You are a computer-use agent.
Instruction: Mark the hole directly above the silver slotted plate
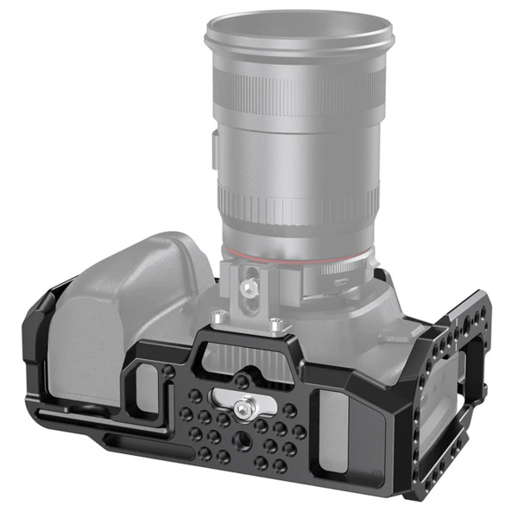click(245, 381)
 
